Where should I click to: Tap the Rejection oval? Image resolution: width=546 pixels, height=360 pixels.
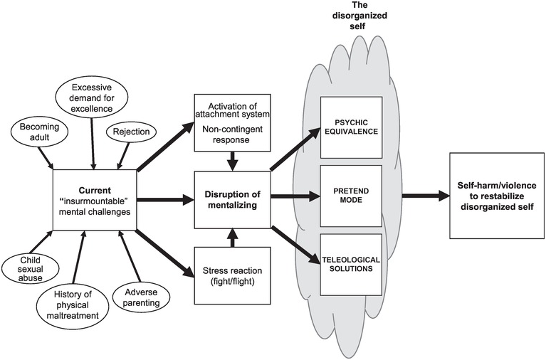tap(126, 132)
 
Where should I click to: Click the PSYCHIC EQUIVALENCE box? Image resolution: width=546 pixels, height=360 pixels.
tap(352, 127)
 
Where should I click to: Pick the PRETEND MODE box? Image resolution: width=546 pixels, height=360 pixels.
tap(352, 196)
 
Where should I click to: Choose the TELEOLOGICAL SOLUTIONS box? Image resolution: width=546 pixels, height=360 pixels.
tap(352, 263)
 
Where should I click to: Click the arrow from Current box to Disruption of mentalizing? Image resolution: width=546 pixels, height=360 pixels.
tap(165, 201)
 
